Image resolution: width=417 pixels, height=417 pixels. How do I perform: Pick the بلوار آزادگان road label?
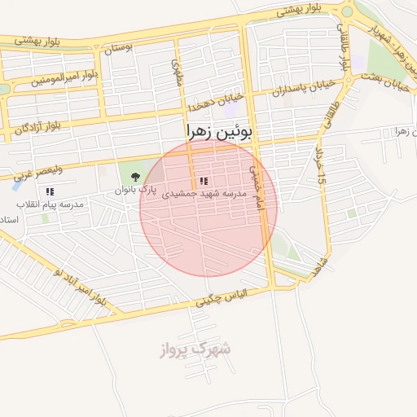(37, 126)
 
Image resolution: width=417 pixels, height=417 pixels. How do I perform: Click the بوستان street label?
(118, 47)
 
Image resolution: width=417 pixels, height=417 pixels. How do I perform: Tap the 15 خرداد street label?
(320, 163)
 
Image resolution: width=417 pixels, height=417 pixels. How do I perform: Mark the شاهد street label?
(319, 267)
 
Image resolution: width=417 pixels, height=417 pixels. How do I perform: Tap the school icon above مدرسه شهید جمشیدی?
(204, 181)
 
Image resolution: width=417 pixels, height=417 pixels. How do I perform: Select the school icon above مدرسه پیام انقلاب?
(50, 191)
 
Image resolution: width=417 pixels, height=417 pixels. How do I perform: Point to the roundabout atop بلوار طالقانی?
(348, 11)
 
